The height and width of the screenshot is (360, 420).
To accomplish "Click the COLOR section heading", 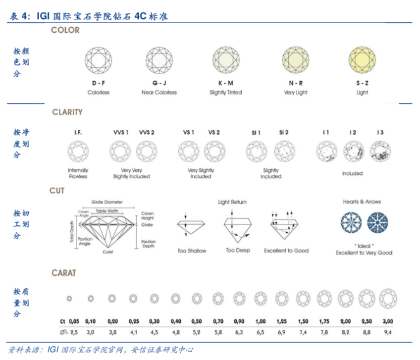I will coord(65,30).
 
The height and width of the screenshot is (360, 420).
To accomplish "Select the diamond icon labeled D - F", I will coord(98,60).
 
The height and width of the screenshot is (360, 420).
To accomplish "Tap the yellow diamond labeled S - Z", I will coord(362,60).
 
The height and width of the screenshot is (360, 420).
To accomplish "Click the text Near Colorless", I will coord(159,92).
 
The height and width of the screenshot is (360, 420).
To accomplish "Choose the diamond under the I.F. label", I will coord(78,151).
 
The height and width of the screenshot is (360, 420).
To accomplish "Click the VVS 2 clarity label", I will coord(147,132).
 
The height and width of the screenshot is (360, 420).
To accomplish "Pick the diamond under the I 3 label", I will coord(380,151).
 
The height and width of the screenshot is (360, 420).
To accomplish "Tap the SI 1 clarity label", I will coord(256,132).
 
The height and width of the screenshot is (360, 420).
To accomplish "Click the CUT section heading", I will coord(57,191).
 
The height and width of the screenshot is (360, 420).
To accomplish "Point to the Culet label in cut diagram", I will coord(107,252).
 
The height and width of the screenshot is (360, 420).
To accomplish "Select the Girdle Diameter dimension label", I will coord(107,202).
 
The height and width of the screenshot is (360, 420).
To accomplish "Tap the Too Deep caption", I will coord(238,251).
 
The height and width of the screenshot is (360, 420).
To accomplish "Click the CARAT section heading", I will coord(64,273).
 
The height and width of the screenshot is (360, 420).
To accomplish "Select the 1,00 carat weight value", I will coord(261,321).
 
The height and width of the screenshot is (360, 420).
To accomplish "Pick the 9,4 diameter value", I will coord(388,332).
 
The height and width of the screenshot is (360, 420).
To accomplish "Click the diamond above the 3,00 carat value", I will coord(388,299).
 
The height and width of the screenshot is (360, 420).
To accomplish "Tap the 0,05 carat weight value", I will coord(74,321).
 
